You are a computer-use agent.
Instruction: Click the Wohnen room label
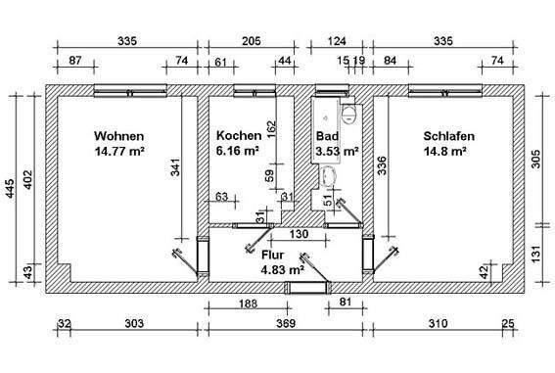(119, 136)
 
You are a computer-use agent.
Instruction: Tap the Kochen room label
(238, 136)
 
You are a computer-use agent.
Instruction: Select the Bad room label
(328, 136)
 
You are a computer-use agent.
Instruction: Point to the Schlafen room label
(448, 136)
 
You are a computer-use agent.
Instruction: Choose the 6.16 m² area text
(238, 152)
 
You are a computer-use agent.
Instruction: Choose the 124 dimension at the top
(336, 41)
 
